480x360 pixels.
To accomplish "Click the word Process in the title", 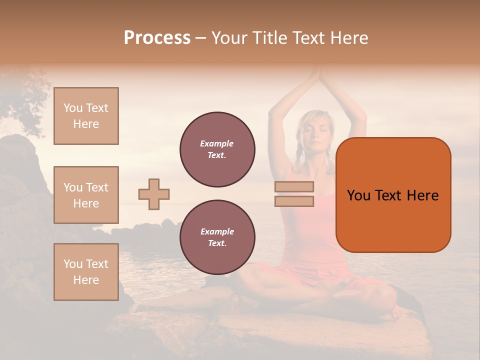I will (157, 38).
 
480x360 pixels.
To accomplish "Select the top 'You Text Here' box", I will (86, 116).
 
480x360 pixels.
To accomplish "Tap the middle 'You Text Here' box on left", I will (86, 195).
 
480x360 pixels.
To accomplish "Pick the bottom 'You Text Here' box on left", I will (86, 272).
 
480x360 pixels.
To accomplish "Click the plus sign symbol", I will (154, 194).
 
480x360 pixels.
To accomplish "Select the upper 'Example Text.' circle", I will (217, 149).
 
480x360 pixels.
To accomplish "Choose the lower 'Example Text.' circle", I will (217, 237).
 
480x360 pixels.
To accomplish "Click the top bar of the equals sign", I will (294, 186).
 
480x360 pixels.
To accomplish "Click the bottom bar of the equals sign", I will (294, 201).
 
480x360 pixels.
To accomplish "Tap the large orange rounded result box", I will (393, 195).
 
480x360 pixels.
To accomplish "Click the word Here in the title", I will (349, 38).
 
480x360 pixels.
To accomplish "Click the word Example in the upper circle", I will (216, 143).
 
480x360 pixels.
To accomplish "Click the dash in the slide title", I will (201, 38).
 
